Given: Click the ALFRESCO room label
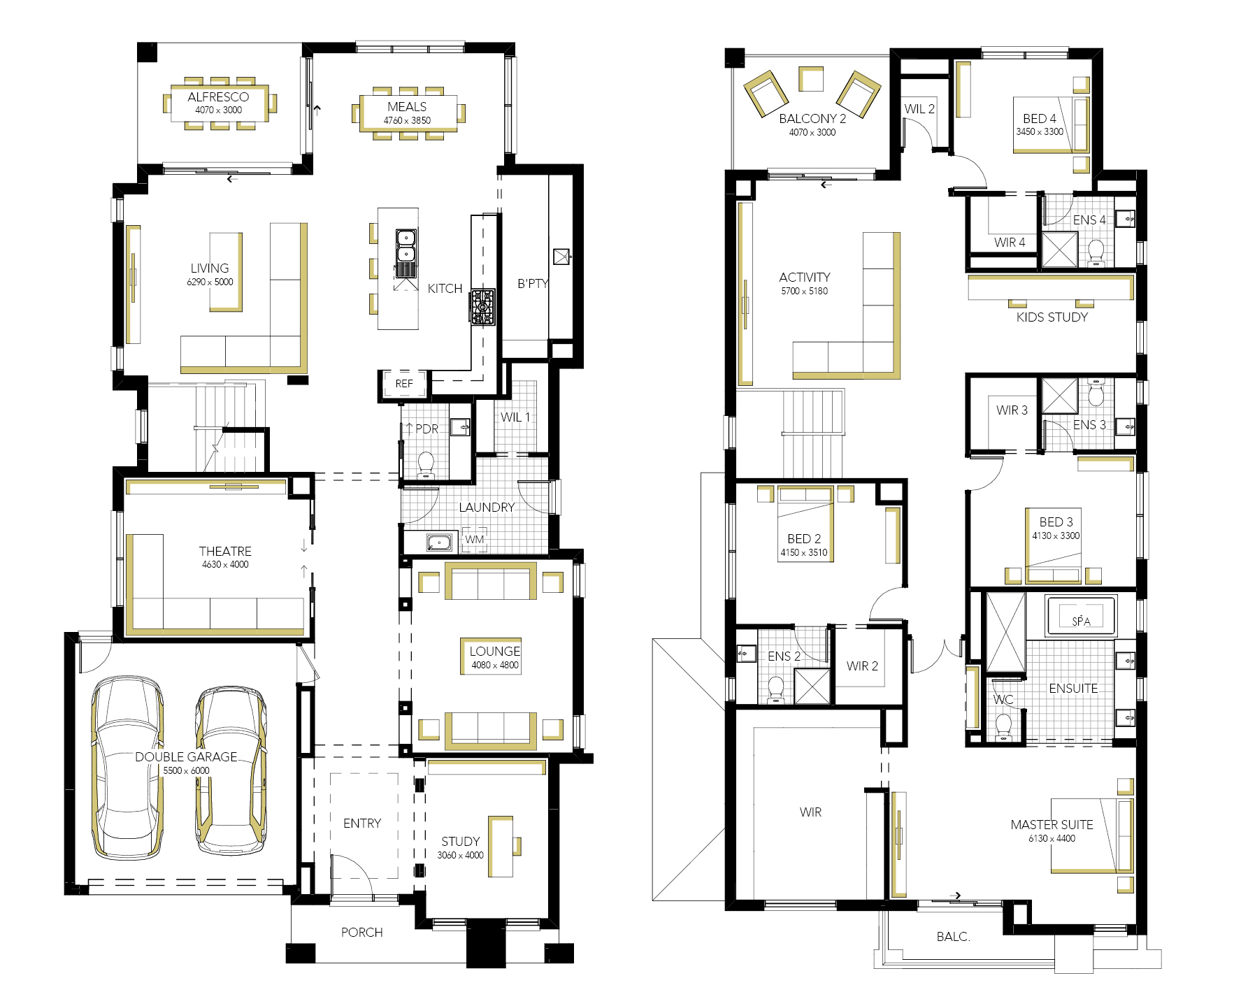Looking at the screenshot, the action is pos(218,97).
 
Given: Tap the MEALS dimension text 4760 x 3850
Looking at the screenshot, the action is pos(407,120).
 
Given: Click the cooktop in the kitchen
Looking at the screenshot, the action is pos(482,307).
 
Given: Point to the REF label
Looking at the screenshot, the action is pos(404,384).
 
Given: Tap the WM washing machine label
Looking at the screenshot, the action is pos(475,539).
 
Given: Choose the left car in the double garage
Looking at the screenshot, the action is pos(127,767).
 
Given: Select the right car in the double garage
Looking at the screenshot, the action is pos(231,770).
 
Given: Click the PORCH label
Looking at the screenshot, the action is pos(361,932).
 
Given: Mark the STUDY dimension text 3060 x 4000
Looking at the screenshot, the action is pos(460,855).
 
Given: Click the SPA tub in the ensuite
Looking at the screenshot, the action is pos(1081,616).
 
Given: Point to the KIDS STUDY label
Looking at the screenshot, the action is pos(1052,317).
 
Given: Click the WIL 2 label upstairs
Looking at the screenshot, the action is pos(919,109).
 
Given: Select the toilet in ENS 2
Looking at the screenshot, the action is pos(775,689).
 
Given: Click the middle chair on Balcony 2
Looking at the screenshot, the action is pos(811,79).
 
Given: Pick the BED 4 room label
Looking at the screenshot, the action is pos(1040,118).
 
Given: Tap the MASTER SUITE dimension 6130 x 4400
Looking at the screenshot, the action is pos(1052,838).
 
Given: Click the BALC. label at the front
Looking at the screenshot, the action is pos(954,937).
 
